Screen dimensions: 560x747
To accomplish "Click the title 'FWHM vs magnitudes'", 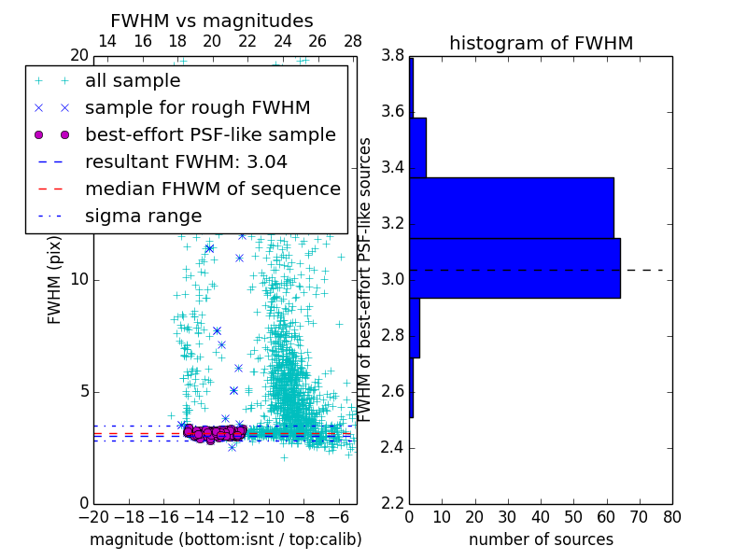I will point(212,21).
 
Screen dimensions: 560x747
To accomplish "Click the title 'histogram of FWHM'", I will point(541,43).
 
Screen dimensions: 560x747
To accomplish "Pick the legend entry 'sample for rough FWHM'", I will point(197,107).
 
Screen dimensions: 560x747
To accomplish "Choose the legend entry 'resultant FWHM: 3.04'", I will point(186,161).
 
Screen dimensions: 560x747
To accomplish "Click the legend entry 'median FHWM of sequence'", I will point(212,189).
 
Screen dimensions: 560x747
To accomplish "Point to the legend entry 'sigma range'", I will point(143,216).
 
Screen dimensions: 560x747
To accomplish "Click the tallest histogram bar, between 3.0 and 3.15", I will point(514,268).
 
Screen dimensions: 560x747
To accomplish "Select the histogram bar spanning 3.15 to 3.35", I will point(512,207).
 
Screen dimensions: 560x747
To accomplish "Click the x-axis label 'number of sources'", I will point(541,539).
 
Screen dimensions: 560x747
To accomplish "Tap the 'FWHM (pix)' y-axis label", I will point(55,279).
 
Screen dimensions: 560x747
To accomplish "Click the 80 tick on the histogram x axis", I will point(671,516).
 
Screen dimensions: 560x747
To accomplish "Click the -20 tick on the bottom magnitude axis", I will point(93,516).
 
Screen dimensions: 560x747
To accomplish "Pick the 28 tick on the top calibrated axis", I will point(353,41).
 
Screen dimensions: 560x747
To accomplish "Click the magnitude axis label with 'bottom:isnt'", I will point(225,539).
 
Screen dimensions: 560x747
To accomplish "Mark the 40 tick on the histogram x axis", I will point(541,516).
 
